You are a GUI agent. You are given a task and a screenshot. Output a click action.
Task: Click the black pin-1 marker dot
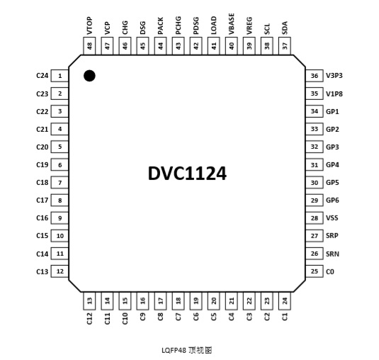(89, 76)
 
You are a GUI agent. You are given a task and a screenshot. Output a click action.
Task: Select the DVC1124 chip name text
(187, 174)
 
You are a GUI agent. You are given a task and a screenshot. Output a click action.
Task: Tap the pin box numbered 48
(89, 46)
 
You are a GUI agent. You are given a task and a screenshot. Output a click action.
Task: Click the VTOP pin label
(89, 26)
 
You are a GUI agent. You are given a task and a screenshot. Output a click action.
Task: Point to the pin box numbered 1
(60, 76)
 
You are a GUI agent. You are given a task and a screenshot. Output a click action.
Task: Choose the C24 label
(43, 76)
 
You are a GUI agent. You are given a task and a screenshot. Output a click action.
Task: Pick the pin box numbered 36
(315, 76)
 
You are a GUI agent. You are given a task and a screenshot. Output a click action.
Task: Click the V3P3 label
(334, 76)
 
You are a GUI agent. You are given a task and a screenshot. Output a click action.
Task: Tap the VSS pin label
(332, 218)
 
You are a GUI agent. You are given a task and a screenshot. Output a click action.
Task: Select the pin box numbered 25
(315, 271)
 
